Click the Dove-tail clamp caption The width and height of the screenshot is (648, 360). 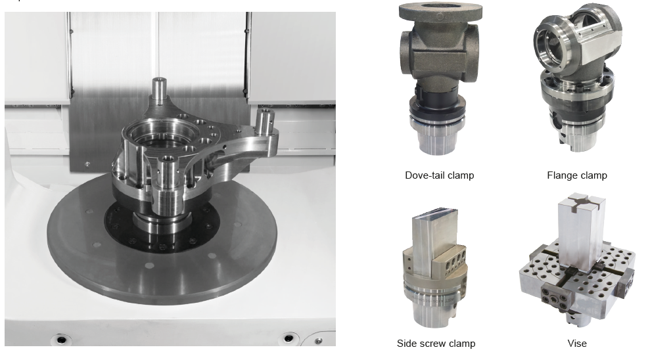(x=439, y=175)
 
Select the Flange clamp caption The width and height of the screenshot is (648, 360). (x=577, y=175)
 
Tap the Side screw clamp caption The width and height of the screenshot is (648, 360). (x=436, y=344)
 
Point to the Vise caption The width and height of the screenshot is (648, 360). (x=577, y=344)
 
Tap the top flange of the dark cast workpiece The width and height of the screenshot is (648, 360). (x=440, y=12)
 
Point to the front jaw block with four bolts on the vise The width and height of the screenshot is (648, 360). (x=556, y=298)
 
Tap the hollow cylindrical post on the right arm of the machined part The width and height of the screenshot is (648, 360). (x=266, y=122)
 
